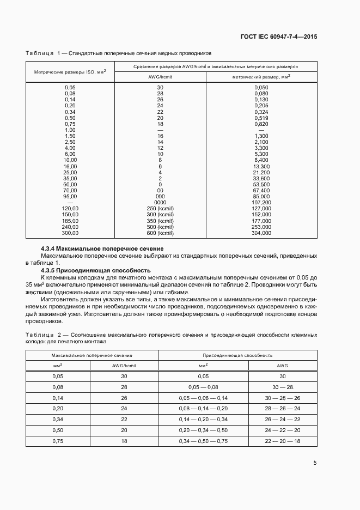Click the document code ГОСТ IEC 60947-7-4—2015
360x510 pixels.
click(x=278, y=37)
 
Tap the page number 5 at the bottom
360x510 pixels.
click(x=315, y=463)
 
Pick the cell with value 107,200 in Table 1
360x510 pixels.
click(x=262, y=202)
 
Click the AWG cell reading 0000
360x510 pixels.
click(x=160, y=202)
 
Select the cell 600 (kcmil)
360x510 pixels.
click(x=160, y=233)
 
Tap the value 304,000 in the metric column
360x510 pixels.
click(x=262, y=233)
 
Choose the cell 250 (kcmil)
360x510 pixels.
click(x=160, y=208)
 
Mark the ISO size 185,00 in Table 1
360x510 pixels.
click(x=70, y=221)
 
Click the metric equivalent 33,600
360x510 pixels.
click(x=262, y=178)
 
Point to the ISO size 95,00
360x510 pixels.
click(x=70, y=196)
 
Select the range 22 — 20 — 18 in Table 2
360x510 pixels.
click(x=282, y=440)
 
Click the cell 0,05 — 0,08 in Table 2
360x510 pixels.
click(x=203, y=386)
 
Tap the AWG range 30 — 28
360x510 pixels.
click(x=282, y=386)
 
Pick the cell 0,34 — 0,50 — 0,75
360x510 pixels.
click(x=203, y=440)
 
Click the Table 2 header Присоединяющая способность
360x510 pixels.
click(x=237, y=355)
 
